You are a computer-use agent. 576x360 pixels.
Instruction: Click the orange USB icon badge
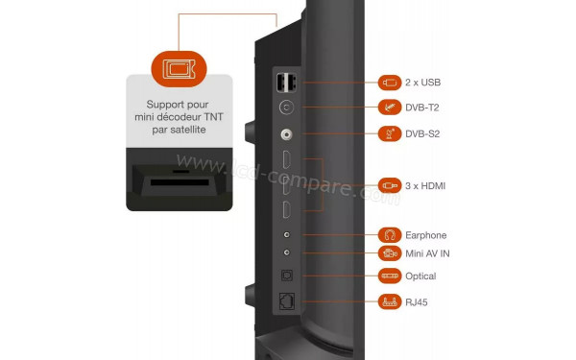coord(390,83)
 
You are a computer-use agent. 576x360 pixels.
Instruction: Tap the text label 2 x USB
coord(422,83)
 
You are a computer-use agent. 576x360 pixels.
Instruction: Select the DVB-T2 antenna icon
coord(390,108)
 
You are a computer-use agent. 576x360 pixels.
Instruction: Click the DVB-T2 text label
coord(422,108)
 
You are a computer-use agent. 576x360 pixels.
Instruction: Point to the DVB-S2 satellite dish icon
coord(390,133)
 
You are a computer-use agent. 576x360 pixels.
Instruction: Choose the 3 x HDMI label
coord(425,186)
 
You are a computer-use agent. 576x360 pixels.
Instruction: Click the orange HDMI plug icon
coord(390,186)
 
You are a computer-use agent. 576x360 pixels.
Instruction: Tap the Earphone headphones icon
coord(390,235)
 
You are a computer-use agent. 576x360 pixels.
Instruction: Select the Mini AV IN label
coord(427,253)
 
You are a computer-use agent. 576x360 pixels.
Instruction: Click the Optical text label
coord(420,276)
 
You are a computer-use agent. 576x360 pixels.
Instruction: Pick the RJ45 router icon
coord(390,302)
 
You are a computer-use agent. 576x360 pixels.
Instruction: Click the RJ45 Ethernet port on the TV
coord(286,301)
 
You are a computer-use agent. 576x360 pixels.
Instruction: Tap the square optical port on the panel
coord(286,276)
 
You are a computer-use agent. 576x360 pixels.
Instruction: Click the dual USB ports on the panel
coord(286,83)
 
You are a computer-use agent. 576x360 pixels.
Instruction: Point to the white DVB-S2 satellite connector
coord(286,134)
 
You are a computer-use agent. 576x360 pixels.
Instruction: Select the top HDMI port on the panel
coord(286,159)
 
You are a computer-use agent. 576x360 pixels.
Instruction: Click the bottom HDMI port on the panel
coord(286,210)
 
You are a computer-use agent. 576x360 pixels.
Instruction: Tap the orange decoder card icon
coord(179,69)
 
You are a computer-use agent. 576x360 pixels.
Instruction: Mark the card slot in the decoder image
coord(180,182)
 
